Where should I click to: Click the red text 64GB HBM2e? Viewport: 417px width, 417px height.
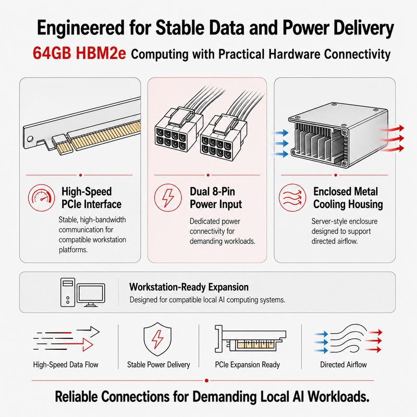[79, 53]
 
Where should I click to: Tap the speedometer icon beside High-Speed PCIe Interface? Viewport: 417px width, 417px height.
[42, 198]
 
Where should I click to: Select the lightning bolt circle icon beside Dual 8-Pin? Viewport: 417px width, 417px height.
[168, 198]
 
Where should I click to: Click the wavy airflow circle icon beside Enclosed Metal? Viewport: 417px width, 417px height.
[292, 198]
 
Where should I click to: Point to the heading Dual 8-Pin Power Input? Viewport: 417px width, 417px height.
[216, 198]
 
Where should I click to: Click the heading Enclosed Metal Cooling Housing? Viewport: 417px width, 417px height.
[348, 198]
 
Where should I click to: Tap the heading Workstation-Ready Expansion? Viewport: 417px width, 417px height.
[189, 287]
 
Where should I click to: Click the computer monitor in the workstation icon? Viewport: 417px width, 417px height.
[91, 295]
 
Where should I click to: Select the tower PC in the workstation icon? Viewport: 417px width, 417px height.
[68, 292]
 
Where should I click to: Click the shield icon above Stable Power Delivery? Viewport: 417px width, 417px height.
[157, 339]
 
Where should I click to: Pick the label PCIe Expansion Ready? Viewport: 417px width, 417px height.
[247, 364]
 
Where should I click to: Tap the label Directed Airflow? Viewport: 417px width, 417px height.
[344, 364]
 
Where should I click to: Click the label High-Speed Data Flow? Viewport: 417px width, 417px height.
[66, 364]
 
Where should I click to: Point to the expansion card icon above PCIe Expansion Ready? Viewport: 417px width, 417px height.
[250, 338]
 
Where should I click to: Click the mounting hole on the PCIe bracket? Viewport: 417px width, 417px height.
[30, 139]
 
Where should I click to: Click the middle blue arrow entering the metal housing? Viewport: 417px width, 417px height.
[280, 144]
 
